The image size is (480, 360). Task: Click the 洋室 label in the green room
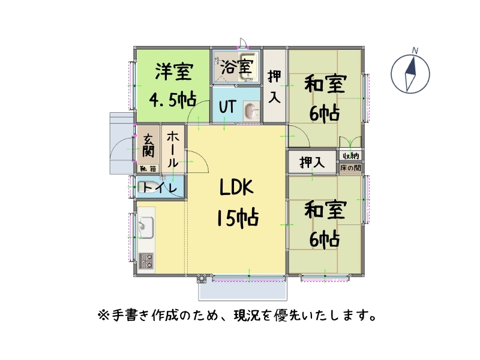point(174,72)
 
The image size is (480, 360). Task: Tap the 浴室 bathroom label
point(236,67)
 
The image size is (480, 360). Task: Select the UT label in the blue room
point(228,107)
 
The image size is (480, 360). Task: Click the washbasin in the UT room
point(251,112)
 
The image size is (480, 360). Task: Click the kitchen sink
point(146,227)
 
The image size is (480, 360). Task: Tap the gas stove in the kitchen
point(146,260)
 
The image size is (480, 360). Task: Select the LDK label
point(236,187)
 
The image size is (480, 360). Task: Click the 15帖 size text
point(238,218)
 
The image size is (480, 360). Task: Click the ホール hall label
point(172,149)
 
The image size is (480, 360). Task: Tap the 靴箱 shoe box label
point(148,169)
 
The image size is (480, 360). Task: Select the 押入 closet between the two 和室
point(312,162)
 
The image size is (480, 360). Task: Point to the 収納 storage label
point(351,156)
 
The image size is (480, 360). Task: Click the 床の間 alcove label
point(350,168)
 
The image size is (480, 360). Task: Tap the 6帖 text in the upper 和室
point(324,113)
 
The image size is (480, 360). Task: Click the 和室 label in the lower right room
point(325,209)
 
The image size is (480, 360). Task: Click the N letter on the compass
point(415,50)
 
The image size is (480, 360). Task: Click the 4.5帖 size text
point(173,100)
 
